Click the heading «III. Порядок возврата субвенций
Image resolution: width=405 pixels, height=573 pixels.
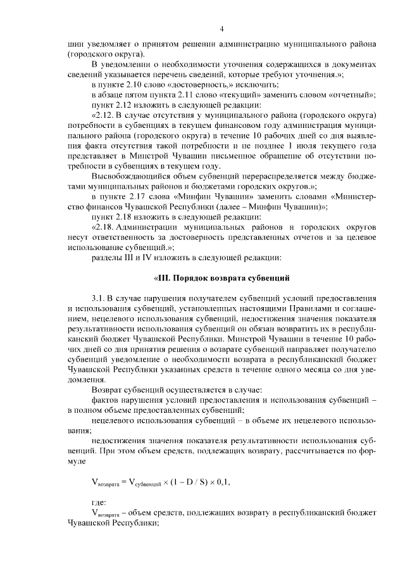pyautogui.click(x=221, y=277)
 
